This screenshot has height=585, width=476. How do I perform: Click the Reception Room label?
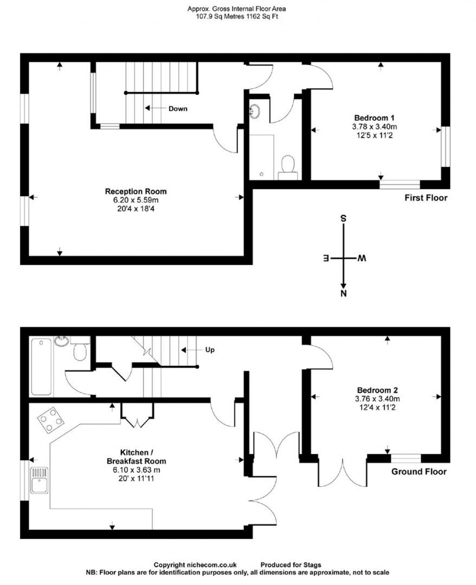click(136, 191)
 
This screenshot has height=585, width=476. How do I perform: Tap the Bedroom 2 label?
click(377, 390)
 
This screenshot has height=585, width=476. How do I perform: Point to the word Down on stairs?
click(178, 108)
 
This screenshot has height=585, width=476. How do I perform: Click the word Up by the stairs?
click(210, 350)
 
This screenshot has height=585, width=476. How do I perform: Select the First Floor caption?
click(426, 198)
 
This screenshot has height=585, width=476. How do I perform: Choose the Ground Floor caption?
click(419, 472)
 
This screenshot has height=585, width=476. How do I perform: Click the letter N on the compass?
click(344, 293)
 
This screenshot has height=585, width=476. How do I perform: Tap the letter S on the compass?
click(344, 218)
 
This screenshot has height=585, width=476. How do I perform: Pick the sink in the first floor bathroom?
click(255, 111)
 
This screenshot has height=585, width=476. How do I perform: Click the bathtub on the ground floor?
click(41, 366)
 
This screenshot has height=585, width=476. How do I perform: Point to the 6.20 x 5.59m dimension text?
click(136, 200)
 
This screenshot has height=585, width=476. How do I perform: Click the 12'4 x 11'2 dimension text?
click(377, 407)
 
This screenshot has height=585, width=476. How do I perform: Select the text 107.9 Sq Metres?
click(218, 16)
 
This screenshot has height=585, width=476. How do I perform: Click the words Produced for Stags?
click(291, 565)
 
